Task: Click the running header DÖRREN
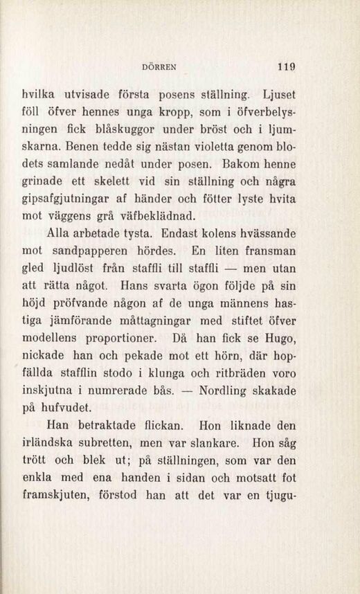159,68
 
